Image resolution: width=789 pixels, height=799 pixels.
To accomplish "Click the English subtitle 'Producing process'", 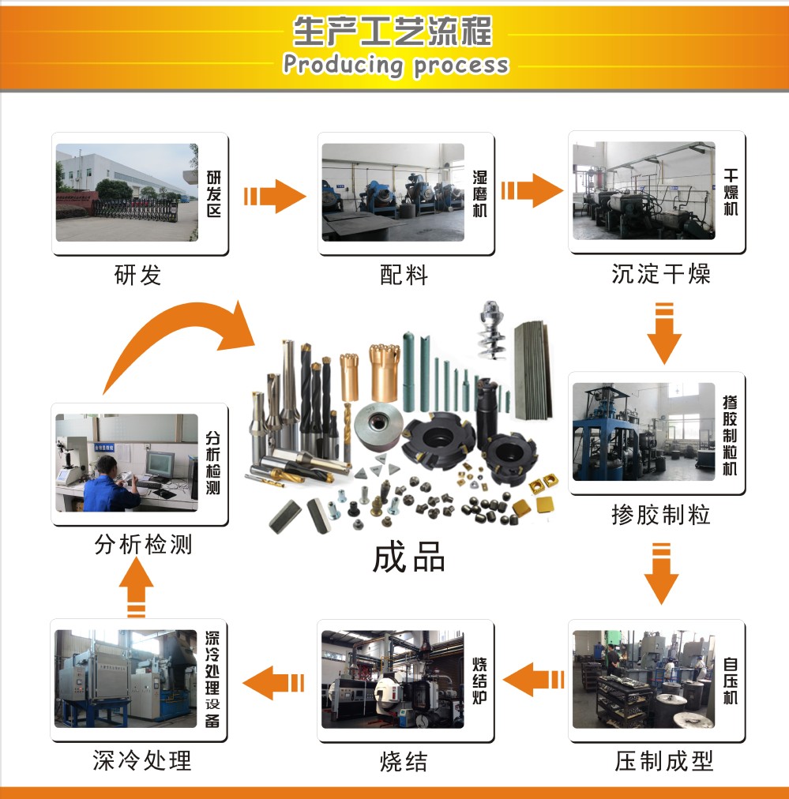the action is [x=396, y=66].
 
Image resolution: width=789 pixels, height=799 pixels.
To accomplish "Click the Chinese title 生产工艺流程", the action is [x=393, y=31].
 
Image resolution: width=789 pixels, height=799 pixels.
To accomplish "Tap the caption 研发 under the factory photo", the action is [x=137, y=276].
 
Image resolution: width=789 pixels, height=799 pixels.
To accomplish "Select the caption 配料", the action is [x=404, y=276].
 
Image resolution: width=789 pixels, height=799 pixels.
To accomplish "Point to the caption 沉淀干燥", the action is [x=661, y=274].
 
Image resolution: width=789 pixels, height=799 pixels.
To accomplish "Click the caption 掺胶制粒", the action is [x=661, y=515].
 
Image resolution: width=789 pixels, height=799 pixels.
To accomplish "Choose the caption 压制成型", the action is [x=664, y=761].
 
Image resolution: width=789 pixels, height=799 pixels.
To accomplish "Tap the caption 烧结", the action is [x=404, y=761].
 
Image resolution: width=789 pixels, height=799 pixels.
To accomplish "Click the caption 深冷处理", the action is [x=142, y=760].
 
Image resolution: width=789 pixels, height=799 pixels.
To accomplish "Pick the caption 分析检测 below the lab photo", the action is [x=143, y=545].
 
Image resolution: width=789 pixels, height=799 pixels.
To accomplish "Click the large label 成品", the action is [x=409, y=557].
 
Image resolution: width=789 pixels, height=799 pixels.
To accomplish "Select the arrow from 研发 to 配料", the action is [x=275, y=196].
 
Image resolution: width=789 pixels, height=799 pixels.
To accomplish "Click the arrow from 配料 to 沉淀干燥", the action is [x=532, y=190].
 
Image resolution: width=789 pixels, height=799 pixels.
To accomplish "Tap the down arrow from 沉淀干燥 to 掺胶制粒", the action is [x=664, y=333].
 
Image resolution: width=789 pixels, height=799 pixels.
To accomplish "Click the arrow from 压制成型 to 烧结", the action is [x=534, y=679].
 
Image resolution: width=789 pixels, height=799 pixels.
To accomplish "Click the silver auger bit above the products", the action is [x=491, y=329].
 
